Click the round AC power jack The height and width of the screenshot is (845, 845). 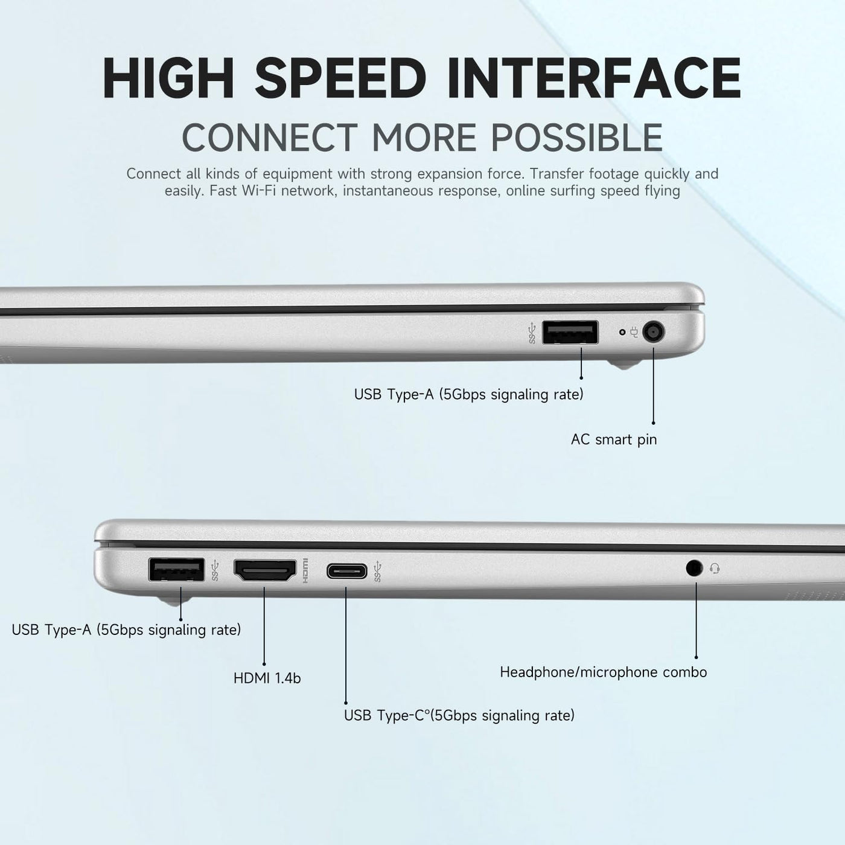pos(654,332)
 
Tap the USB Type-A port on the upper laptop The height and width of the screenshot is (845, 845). pos(570,333)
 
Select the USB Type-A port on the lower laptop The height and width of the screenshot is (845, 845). pos(176,570)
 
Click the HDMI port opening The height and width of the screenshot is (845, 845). pos(265,570)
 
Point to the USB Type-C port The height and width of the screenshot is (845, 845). pos(346,571)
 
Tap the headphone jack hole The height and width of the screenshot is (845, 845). pos(694,569)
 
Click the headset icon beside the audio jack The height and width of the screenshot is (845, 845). pos(714,569)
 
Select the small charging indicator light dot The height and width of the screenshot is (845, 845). pos(622,332)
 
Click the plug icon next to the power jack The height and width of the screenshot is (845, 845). pos(634,332)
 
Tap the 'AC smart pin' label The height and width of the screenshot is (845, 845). pos(614,439)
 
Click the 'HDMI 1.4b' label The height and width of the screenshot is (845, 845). pos(267,678)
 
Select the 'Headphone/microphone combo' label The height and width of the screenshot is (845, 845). pos(604,672)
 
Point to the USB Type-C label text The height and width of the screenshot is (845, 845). pos(459,715)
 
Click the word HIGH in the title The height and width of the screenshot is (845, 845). pos(168,78)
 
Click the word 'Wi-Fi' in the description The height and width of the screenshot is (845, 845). pos(258,191)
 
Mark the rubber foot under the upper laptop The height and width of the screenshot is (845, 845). pos(623,364)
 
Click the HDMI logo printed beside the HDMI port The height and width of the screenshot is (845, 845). pos(305,571)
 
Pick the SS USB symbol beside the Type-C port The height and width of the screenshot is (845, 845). pos(378,572)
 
